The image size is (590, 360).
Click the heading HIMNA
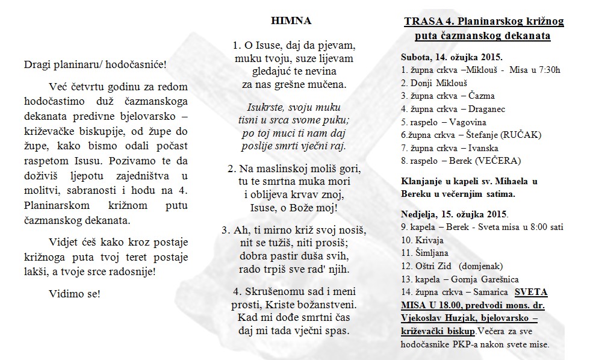point(291,20)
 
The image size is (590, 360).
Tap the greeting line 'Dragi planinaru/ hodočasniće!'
point(96,64)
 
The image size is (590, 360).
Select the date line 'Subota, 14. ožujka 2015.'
point(452,58)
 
